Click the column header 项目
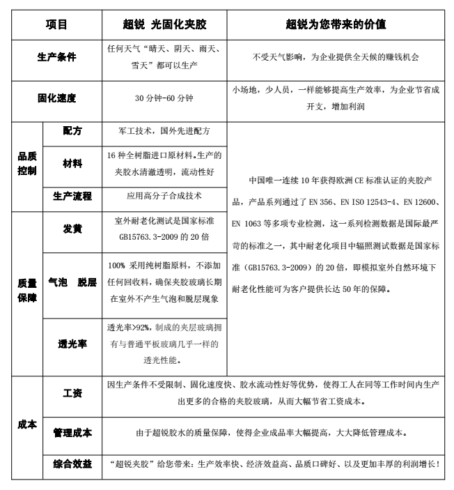pyautogui.click(x=57, y=24)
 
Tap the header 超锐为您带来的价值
pyautogui.click(x=336, y=24)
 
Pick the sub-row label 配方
pyautogui.click(x=72, y=130)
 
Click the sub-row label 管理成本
pyautogui.click(x=72, y=433)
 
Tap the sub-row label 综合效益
pyautogui.click(x=72, y=464)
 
